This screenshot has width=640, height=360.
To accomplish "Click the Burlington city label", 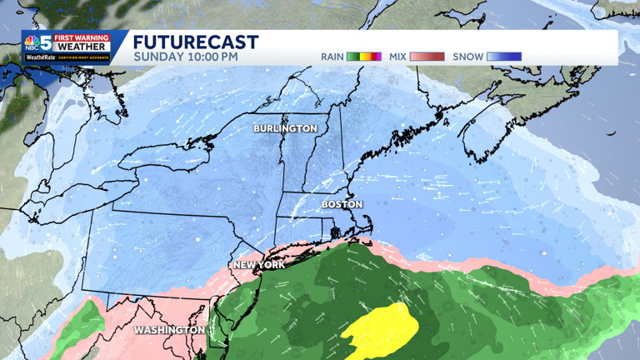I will (285, 128).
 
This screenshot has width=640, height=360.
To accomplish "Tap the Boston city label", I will (342, 204).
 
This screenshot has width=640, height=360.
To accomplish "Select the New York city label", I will (259, 265).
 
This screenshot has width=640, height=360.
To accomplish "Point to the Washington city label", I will (169, 330).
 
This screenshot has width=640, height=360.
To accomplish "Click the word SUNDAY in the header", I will (157, 57).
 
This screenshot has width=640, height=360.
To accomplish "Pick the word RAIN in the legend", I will (332, 57).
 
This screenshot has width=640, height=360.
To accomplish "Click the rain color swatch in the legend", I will (364, 57).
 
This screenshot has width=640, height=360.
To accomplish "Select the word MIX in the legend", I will (397, 57).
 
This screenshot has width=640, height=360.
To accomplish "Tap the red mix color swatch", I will (427, 57).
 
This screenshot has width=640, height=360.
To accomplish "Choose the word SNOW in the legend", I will (467, 57).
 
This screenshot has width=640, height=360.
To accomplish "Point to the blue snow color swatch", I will (503, 57).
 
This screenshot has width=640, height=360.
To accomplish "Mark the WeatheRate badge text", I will (39, 57).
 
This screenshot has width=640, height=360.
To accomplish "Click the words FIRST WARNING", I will (82, 37).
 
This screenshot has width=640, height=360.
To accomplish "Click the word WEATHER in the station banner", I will (82, 47).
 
